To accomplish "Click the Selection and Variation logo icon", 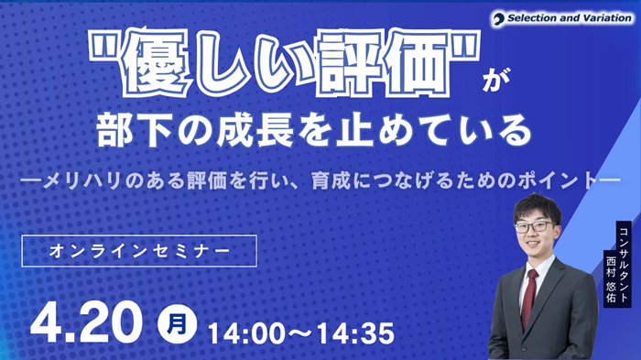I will tap(499, 17).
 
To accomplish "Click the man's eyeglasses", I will tap(534, 226).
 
